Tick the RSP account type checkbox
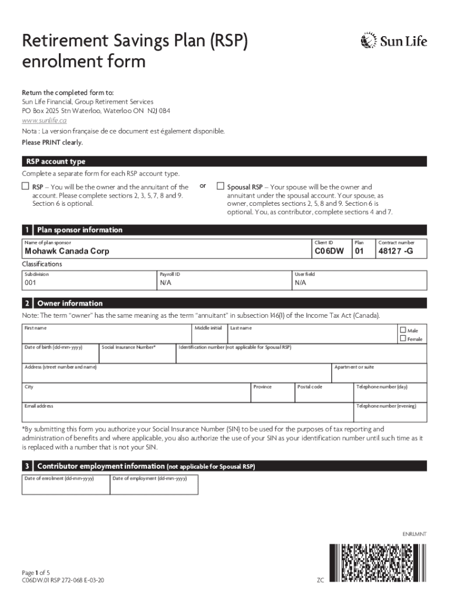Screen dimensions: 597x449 pyautogui.click(x=25, y=186)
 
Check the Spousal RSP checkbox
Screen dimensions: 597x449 pyautogui.click(x=220, y=186)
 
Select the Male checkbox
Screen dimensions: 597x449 pyautogui.click(x=402, y=330)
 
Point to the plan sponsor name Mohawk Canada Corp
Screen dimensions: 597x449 pyautogui.click(x=66, y=252)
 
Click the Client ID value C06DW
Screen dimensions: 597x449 pyautogui.click(x=329, y=252)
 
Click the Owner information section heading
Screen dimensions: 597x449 pyautogui.click(x=69, y=303)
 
